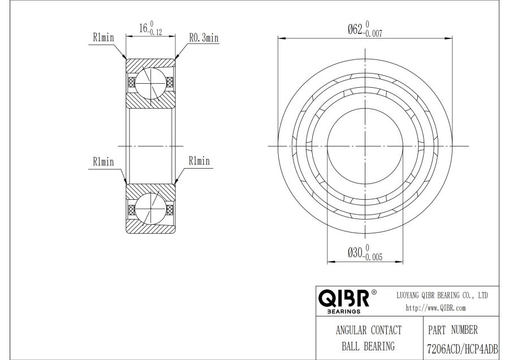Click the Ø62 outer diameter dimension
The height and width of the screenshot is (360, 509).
point(365,29)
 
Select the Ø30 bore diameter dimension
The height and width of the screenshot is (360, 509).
point(365,252)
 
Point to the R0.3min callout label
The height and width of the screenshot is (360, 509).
point(204,38)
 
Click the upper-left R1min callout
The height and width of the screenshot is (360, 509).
point(103,37)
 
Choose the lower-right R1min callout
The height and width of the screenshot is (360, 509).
point(199,161)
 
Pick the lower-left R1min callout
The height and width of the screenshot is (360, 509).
point(103,161)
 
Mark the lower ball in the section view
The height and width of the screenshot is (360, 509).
point(150,208)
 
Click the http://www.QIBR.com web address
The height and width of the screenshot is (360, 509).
point(435,308)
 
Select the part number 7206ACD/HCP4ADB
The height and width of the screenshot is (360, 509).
point(462,350)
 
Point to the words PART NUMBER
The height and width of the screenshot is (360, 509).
point(453,330)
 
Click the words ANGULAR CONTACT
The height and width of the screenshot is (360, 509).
point(368,330)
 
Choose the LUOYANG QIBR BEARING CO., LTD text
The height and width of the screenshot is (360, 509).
point(442,295)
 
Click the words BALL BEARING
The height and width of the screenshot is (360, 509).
point(368,346)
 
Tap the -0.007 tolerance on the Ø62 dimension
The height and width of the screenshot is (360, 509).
point(373,33)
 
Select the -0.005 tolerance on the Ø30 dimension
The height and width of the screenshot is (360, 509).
point(373,257)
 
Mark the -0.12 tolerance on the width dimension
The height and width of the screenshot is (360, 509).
point(154,32)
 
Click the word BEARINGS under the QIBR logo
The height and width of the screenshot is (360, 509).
point(344,311)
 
